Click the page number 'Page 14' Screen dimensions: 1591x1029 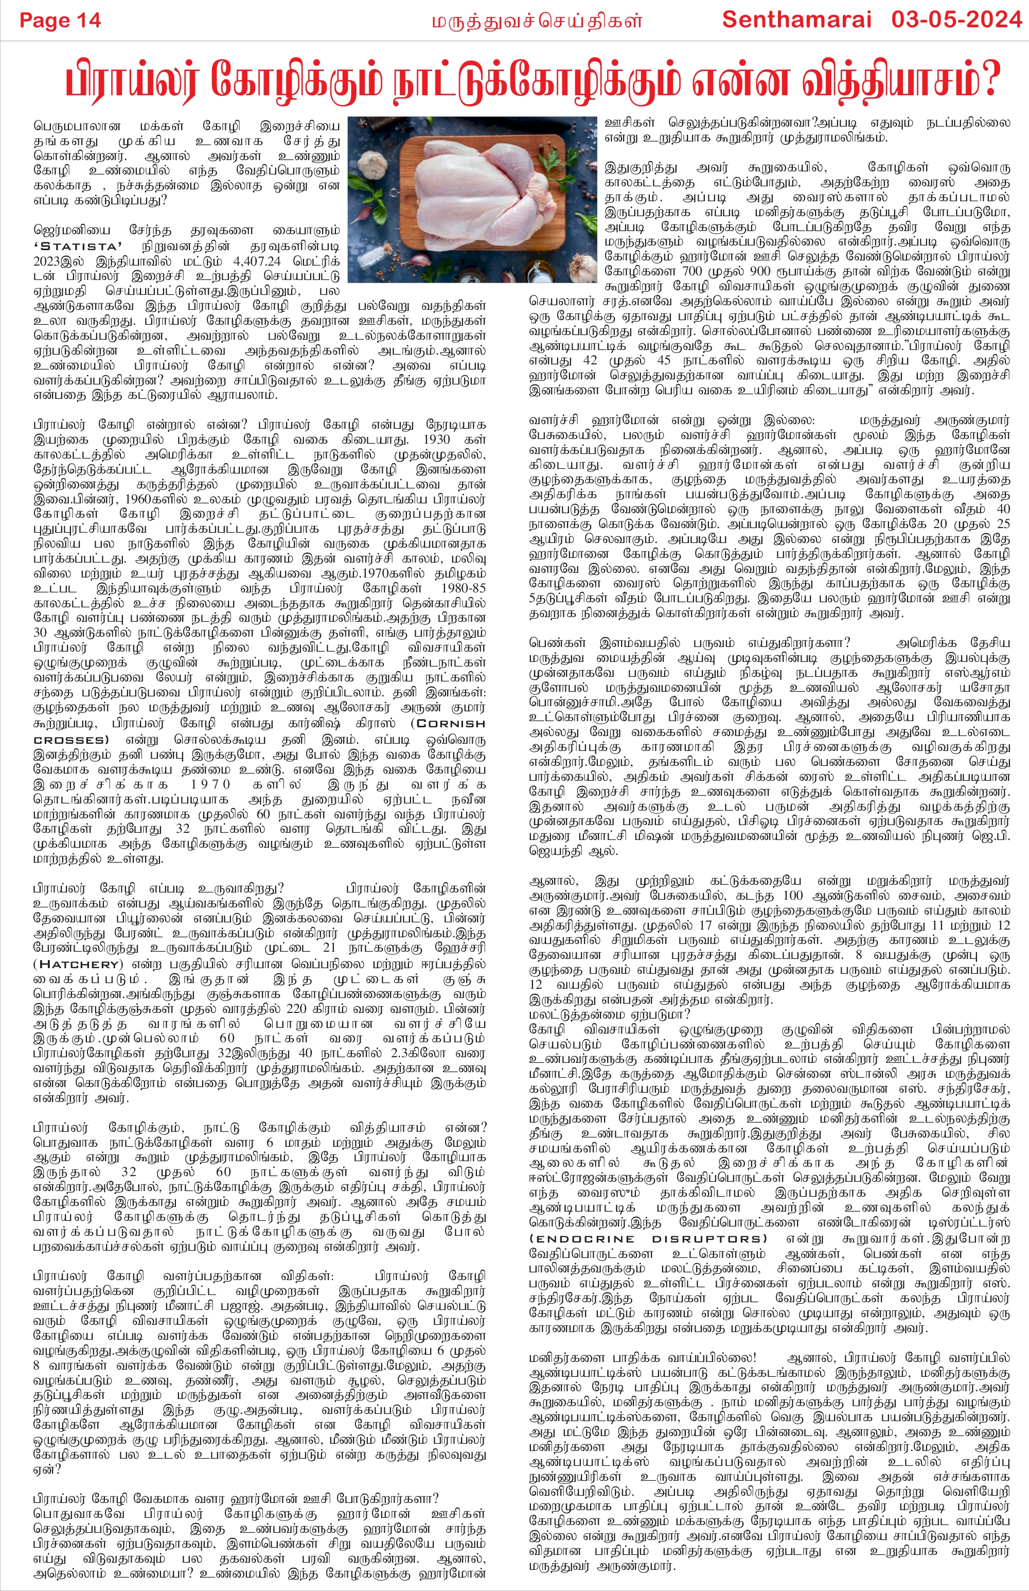(x=60, y=20)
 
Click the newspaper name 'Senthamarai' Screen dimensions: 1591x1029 (x=796, y=20)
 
